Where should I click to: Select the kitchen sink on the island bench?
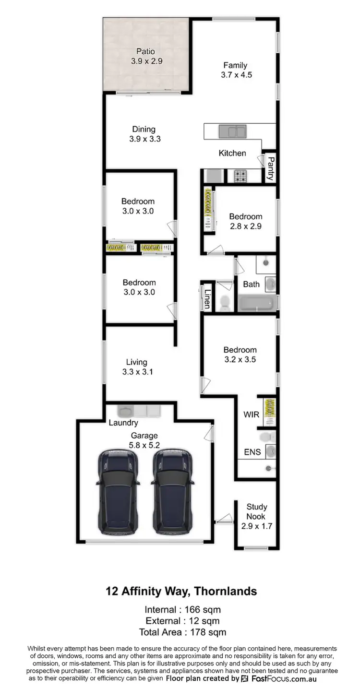coord(232,131)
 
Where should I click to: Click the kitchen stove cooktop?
coord(240,176)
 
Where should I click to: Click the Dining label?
coord(144,129)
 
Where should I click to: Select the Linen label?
coord(207,298)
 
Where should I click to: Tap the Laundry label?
coord(123,423)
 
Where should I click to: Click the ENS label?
coord(252,452)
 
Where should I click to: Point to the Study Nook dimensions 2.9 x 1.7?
coord(257,526)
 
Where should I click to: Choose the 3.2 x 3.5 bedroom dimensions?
coord(240,359)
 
